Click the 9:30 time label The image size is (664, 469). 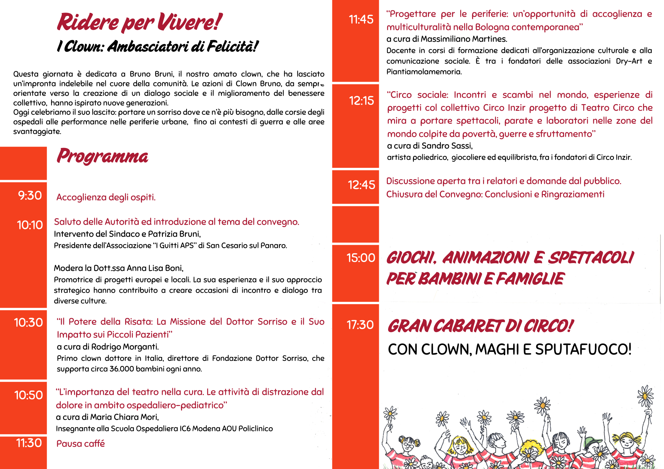click(x=30, y=196)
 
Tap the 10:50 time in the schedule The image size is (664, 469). click(x=29, y=395)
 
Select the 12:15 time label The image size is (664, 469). click(x=361, y=100)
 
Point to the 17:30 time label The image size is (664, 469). click(x=360, y=325)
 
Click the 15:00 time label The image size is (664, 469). click(x=361, y=258)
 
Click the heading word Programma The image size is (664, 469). click(x=103, y=156)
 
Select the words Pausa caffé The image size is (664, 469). click(x=81, y=444)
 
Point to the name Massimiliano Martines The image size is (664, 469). click(x=464, y=39)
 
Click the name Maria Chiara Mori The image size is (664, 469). click(x=124, y=417)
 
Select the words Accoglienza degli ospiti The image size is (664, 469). click(x=106, y=197)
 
